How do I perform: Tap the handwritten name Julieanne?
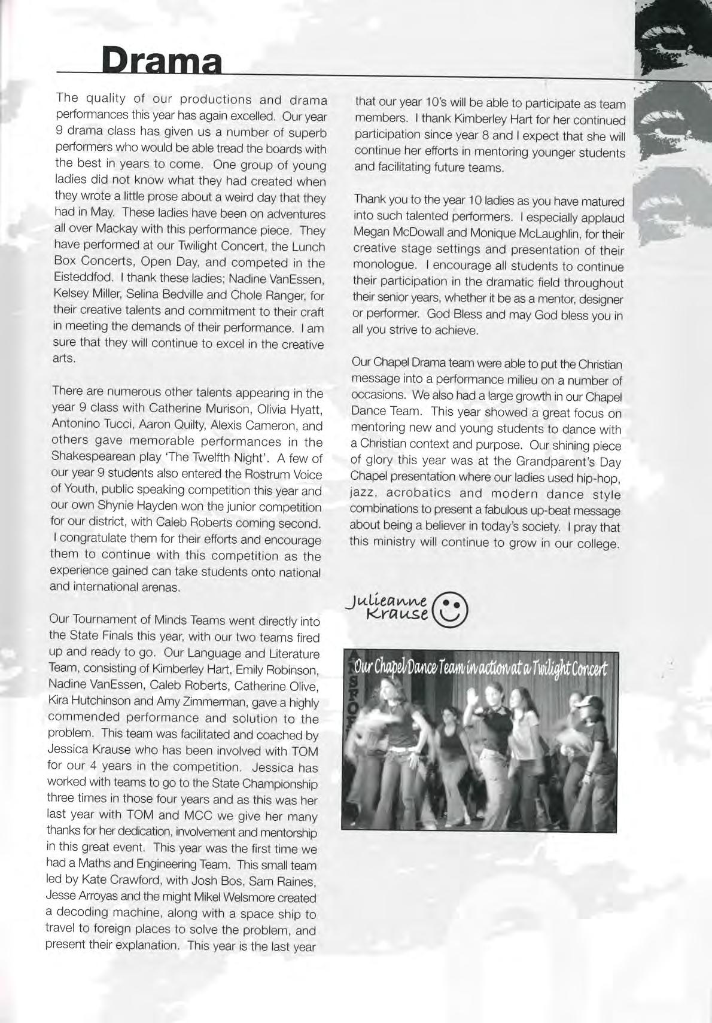coord(390,602)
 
